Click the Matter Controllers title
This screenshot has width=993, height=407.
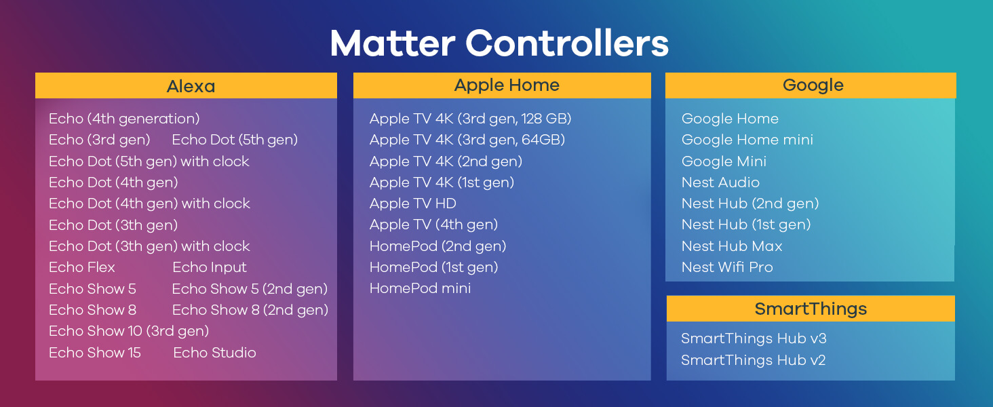click(x=499, y=43)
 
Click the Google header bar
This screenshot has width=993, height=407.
click(x=811, y=85)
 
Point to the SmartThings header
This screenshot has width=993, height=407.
click(x=811, y=309)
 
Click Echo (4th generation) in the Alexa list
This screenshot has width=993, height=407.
click(x=124, y=119)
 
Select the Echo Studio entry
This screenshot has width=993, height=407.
click(x=214, y=353)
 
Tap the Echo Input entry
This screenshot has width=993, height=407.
click(x=209, y=267)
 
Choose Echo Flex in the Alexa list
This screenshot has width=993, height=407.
click(x=82, y=267)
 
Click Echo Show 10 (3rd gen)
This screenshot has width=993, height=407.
click(x=129, y=331)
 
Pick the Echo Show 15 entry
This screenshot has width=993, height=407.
click(x=95, y=353)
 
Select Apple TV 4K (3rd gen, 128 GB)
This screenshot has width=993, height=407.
click(x=470, y=119)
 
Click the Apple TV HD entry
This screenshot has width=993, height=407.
click(x=412, y=203)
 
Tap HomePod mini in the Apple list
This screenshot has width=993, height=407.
click(x=421, y=288)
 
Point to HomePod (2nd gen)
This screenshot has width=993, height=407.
click(x=438, y=246)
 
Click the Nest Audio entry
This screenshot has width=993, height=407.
click(x=720, y=182)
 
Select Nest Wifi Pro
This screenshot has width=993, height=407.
click(x=727, y=267)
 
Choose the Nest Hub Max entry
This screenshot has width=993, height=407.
click(x=732, y=246)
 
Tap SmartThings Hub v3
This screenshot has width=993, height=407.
click(x=754, y=338)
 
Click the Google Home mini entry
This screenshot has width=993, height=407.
click(x=747, y=140)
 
